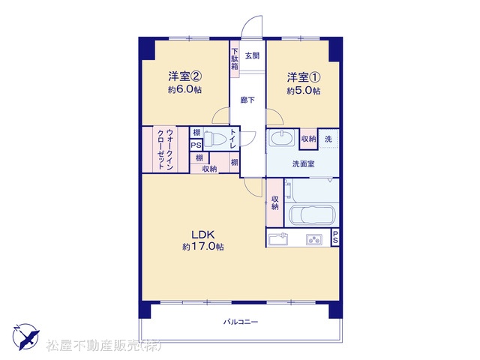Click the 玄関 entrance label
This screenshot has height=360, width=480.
click(x=252, y=55)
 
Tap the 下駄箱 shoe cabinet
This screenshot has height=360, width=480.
click(x=235, y=59)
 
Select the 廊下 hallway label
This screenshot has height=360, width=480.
click(x=247, y=100)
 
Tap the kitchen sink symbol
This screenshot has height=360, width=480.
click(x=278, y=239)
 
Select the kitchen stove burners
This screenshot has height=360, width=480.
click(x=313, y=240)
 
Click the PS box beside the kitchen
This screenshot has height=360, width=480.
click(x=335, y=237)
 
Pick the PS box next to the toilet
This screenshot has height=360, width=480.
click(x=196, y=145)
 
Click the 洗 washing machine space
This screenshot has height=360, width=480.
click(x=328, y=139)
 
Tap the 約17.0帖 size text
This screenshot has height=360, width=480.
click(x=203, y=247)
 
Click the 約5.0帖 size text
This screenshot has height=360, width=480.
click(x=304, y=91)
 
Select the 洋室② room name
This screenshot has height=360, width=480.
click(x=184, y=76)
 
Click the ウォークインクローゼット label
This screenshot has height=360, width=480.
click(x=165, y=150)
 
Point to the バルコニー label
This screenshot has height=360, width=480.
click(x=241, y=322)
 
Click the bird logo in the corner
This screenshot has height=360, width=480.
click(x=25, y=337)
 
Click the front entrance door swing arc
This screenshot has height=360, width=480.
click(x=252, y=26)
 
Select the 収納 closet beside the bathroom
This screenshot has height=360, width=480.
click(x=274, y=202)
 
